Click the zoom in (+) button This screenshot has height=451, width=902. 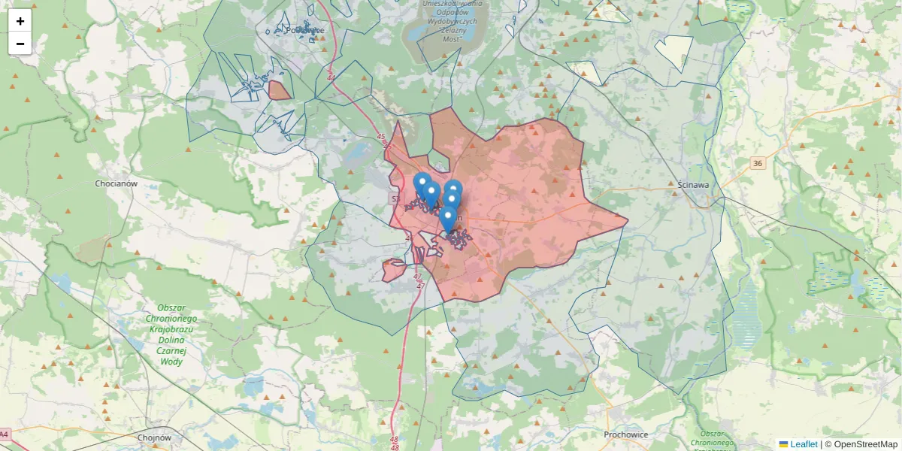click(20, 21)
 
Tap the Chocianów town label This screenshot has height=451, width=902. click(116, 183)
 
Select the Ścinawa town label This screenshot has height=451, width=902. click(694, 183)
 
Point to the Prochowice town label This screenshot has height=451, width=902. click(625, 434)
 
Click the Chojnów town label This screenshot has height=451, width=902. click(156, 437)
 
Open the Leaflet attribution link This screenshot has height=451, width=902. click(804, 444)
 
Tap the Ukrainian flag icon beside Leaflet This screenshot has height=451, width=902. click(783, 444)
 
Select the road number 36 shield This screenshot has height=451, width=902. click(757, 163)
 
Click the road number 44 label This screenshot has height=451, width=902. click(331, 77)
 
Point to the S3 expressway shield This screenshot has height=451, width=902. click(395, 198)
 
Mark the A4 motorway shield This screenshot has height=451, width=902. click(4, 434)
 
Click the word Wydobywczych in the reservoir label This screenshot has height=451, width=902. click(448, 23)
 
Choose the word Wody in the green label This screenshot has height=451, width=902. click(171, 362)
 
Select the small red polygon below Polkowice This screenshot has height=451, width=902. click(280, 91)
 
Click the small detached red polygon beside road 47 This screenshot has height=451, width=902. click(394, 270)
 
